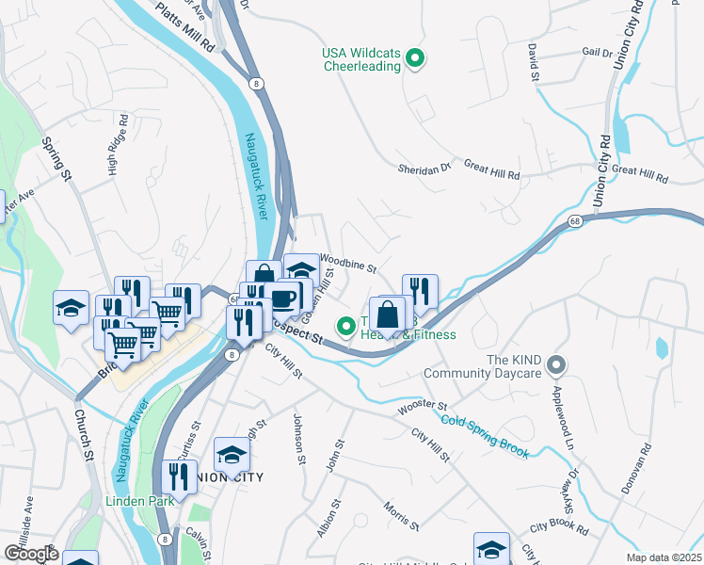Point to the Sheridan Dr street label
pyautogui.click(x=424, y=168)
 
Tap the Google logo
pyautogui.click(x=31, y=553)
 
